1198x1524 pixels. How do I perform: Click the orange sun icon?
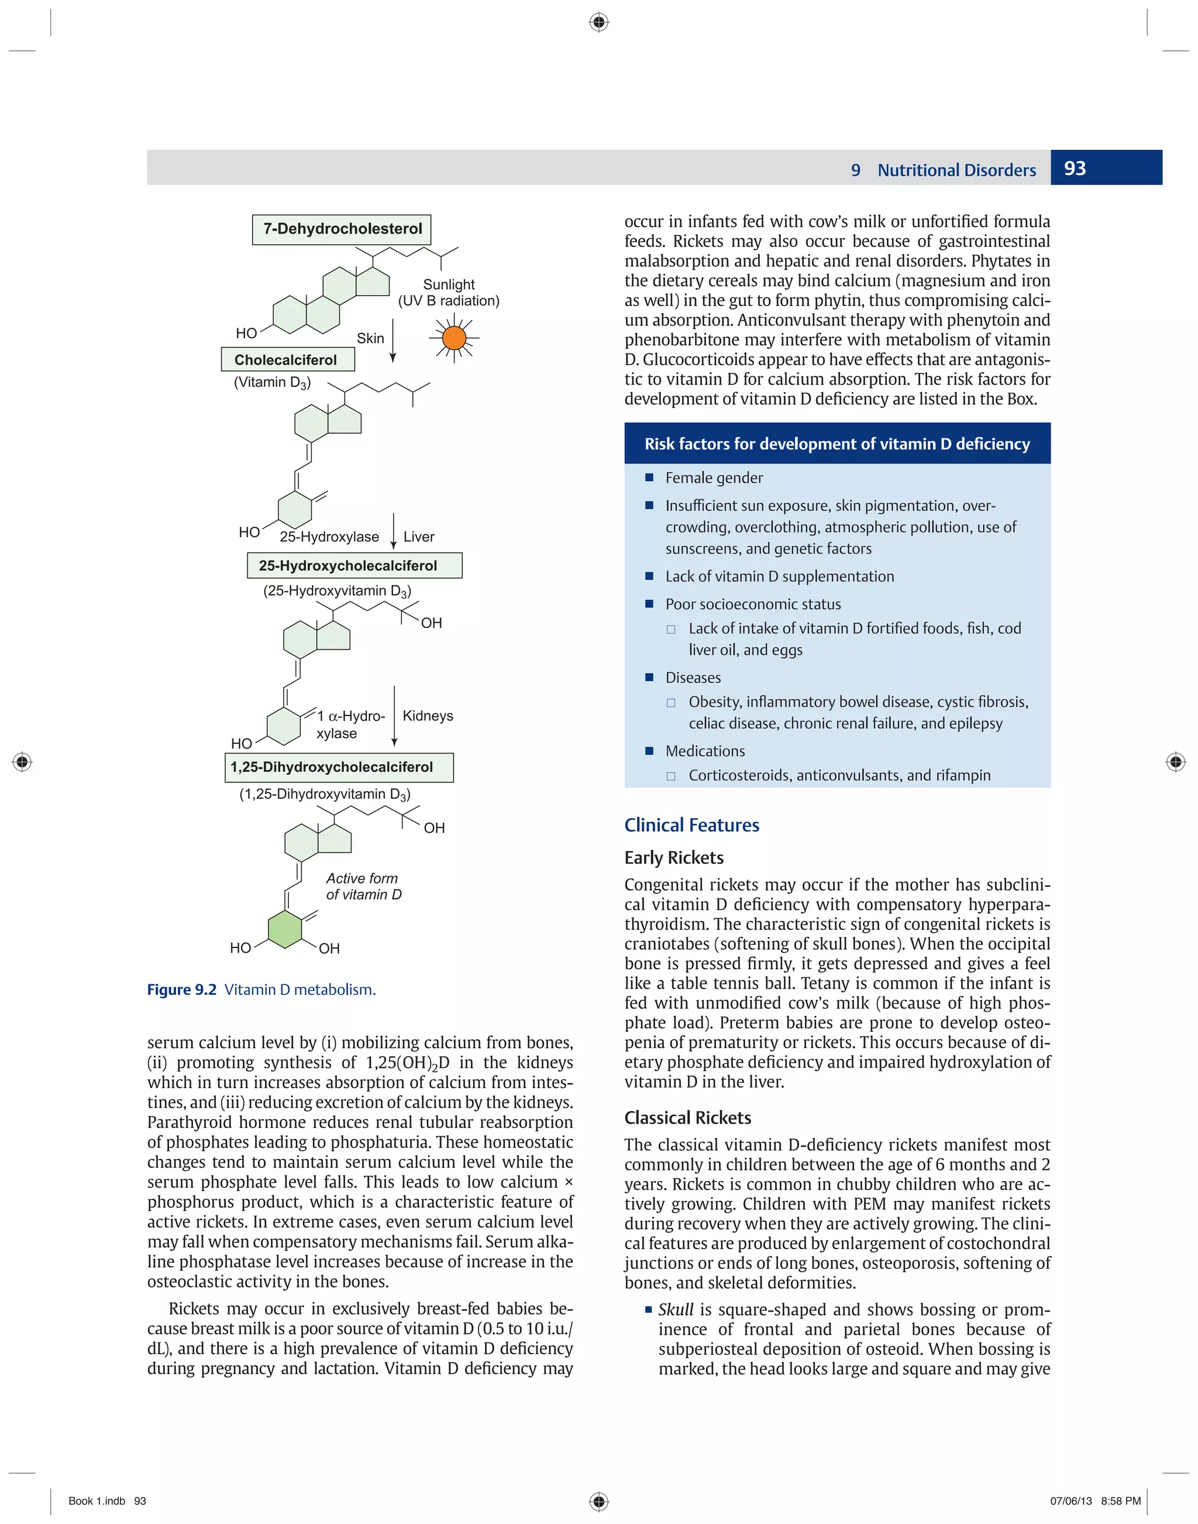pyautogui.click(x=454, y=338)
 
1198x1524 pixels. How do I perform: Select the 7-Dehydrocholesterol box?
pyautogui.click(x=342, y=229)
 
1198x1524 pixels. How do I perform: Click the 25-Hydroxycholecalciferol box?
pyautogui.click(x=354, y=565)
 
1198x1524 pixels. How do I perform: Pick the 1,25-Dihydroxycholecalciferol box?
pyautogui.click(x=338, y=767)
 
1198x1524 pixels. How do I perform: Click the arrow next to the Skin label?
pyautogui.click(x=393, y=341)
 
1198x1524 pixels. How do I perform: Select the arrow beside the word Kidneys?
pyautogui.click(x=394, y=716)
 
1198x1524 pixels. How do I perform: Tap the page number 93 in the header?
pyautogui.click(x=1075, y=169)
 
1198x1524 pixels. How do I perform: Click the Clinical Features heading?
pyautogui.click(x=691, y=825)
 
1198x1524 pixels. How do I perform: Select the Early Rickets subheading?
pyautogui.click(x=673, y=857)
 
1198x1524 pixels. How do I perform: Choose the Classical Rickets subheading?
pyautogui.click(x=687, y=1118)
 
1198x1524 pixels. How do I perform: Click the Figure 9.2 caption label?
pyautogui.click(x=182, y=989)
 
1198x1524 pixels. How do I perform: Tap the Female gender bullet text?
pyautogui.click(x=713, y=478)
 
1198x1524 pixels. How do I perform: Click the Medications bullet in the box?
pyautogui.click(x=705, y=751)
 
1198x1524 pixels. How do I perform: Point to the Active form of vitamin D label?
pyautogui.click(x=363, y=886)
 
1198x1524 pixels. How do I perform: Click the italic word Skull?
pyautogui.click(x=676, y=1309)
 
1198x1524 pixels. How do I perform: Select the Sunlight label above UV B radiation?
pyautogui.click(x=448, y=284)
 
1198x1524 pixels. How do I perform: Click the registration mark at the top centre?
pyautogui.click(x=598, y=22)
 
